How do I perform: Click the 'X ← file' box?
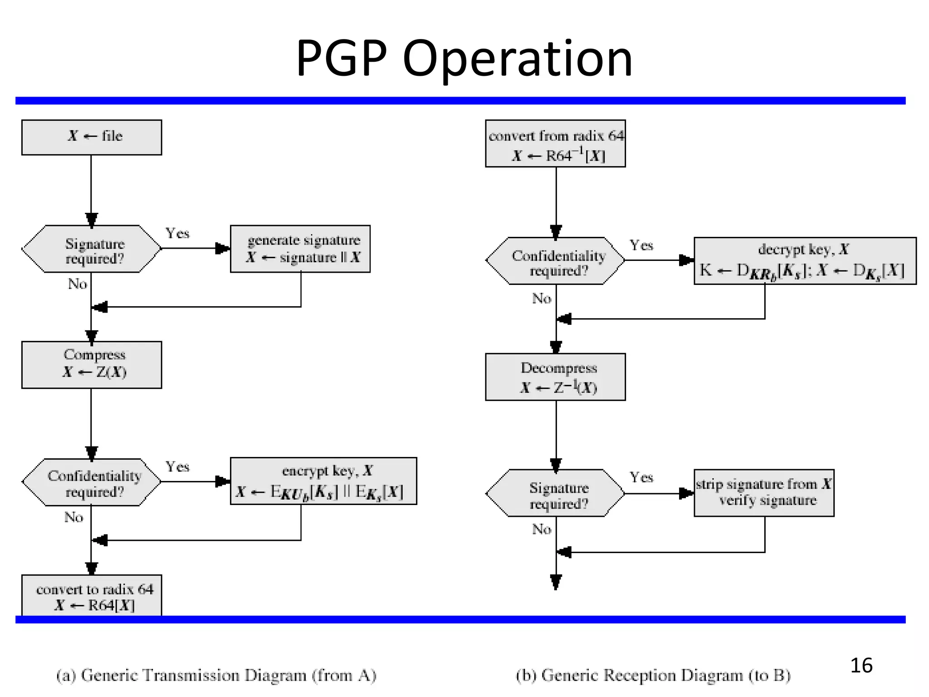[92, 137]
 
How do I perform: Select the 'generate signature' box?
[300, 249]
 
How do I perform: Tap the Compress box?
[92, 364]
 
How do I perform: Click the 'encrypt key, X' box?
[323, 481]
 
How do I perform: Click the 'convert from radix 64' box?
[555, 143]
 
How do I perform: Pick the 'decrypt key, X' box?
[804, 260]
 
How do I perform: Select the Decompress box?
[555, 377]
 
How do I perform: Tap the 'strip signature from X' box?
[763, 493]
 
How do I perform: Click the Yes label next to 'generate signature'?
[177, 233]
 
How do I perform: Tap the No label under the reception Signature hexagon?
[541, 529]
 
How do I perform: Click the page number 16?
[861, 665]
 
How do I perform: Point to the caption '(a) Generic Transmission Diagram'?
[216, 675]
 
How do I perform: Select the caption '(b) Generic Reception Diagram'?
[653, 675]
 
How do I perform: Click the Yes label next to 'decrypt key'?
[641, 245]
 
